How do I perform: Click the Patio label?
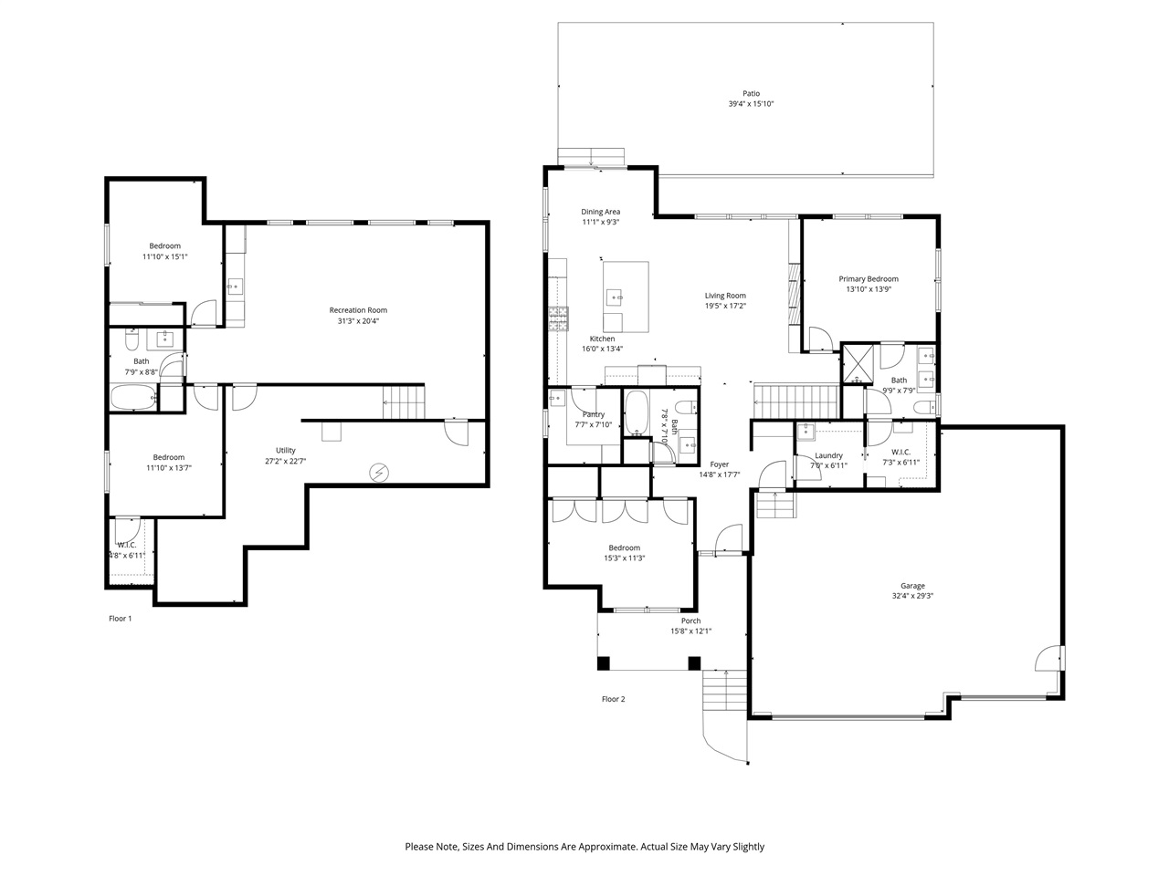(751, 93)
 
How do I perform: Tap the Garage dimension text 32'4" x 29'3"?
(912, 597)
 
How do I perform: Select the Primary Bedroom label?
(869, 279)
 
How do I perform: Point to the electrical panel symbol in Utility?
(378, 473)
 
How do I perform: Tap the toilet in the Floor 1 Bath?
(132, 340)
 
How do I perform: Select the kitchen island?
(626, 296)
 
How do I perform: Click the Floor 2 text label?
(613, 700)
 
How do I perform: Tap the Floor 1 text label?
(121, 619)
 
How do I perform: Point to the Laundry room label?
(828, 455)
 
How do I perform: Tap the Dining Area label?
(600, 212)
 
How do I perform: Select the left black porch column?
(603, 663)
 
